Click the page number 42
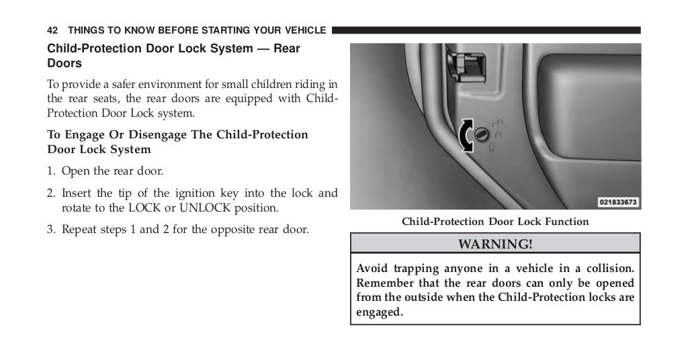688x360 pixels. coord(52,30)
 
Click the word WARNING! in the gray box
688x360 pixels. coord(494,244)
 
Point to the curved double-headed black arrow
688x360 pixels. coord(464,136)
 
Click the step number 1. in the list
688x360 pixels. coord(51,171)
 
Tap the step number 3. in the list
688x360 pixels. coord(51,230)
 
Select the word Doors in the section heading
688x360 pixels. coord(64,64)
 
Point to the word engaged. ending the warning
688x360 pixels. coord(380,312)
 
